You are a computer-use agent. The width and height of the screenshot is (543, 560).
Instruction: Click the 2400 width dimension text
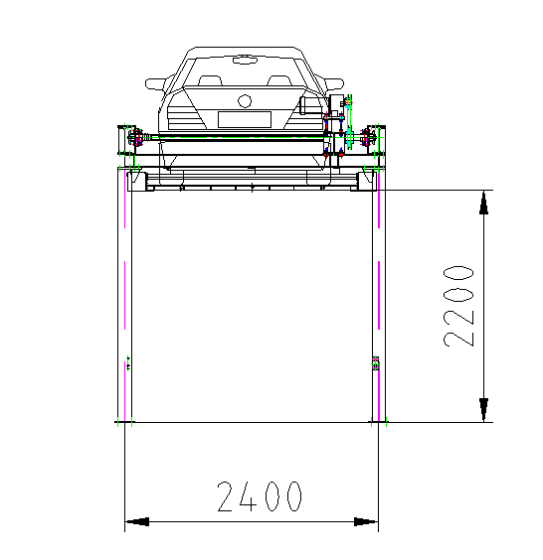point(260,496)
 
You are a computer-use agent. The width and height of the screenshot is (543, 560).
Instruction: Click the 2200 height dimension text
point(458,306)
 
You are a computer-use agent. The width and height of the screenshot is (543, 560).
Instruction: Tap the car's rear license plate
point(245,119)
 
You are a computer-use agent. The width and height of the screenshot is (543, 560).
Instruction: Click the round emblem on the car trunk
point(245,101)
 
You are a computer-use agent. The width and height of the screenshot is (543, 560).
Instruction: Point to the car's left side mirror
point(155,83)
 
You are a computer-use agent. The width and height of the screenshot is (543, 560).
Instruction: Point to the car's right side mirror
point(334,84)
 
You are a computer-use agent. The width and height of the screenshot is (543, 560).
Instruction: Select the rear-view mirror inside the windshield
point(245,60)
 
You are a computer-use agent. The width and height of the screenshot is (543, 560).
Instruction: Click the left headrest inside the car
point(210,80)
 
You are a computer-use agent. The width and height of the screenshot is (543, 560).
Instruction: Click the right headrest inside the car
point(279,80)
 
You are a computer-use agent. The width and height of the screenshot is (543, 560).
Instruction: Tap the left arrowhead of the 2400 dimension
point(137,522)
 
